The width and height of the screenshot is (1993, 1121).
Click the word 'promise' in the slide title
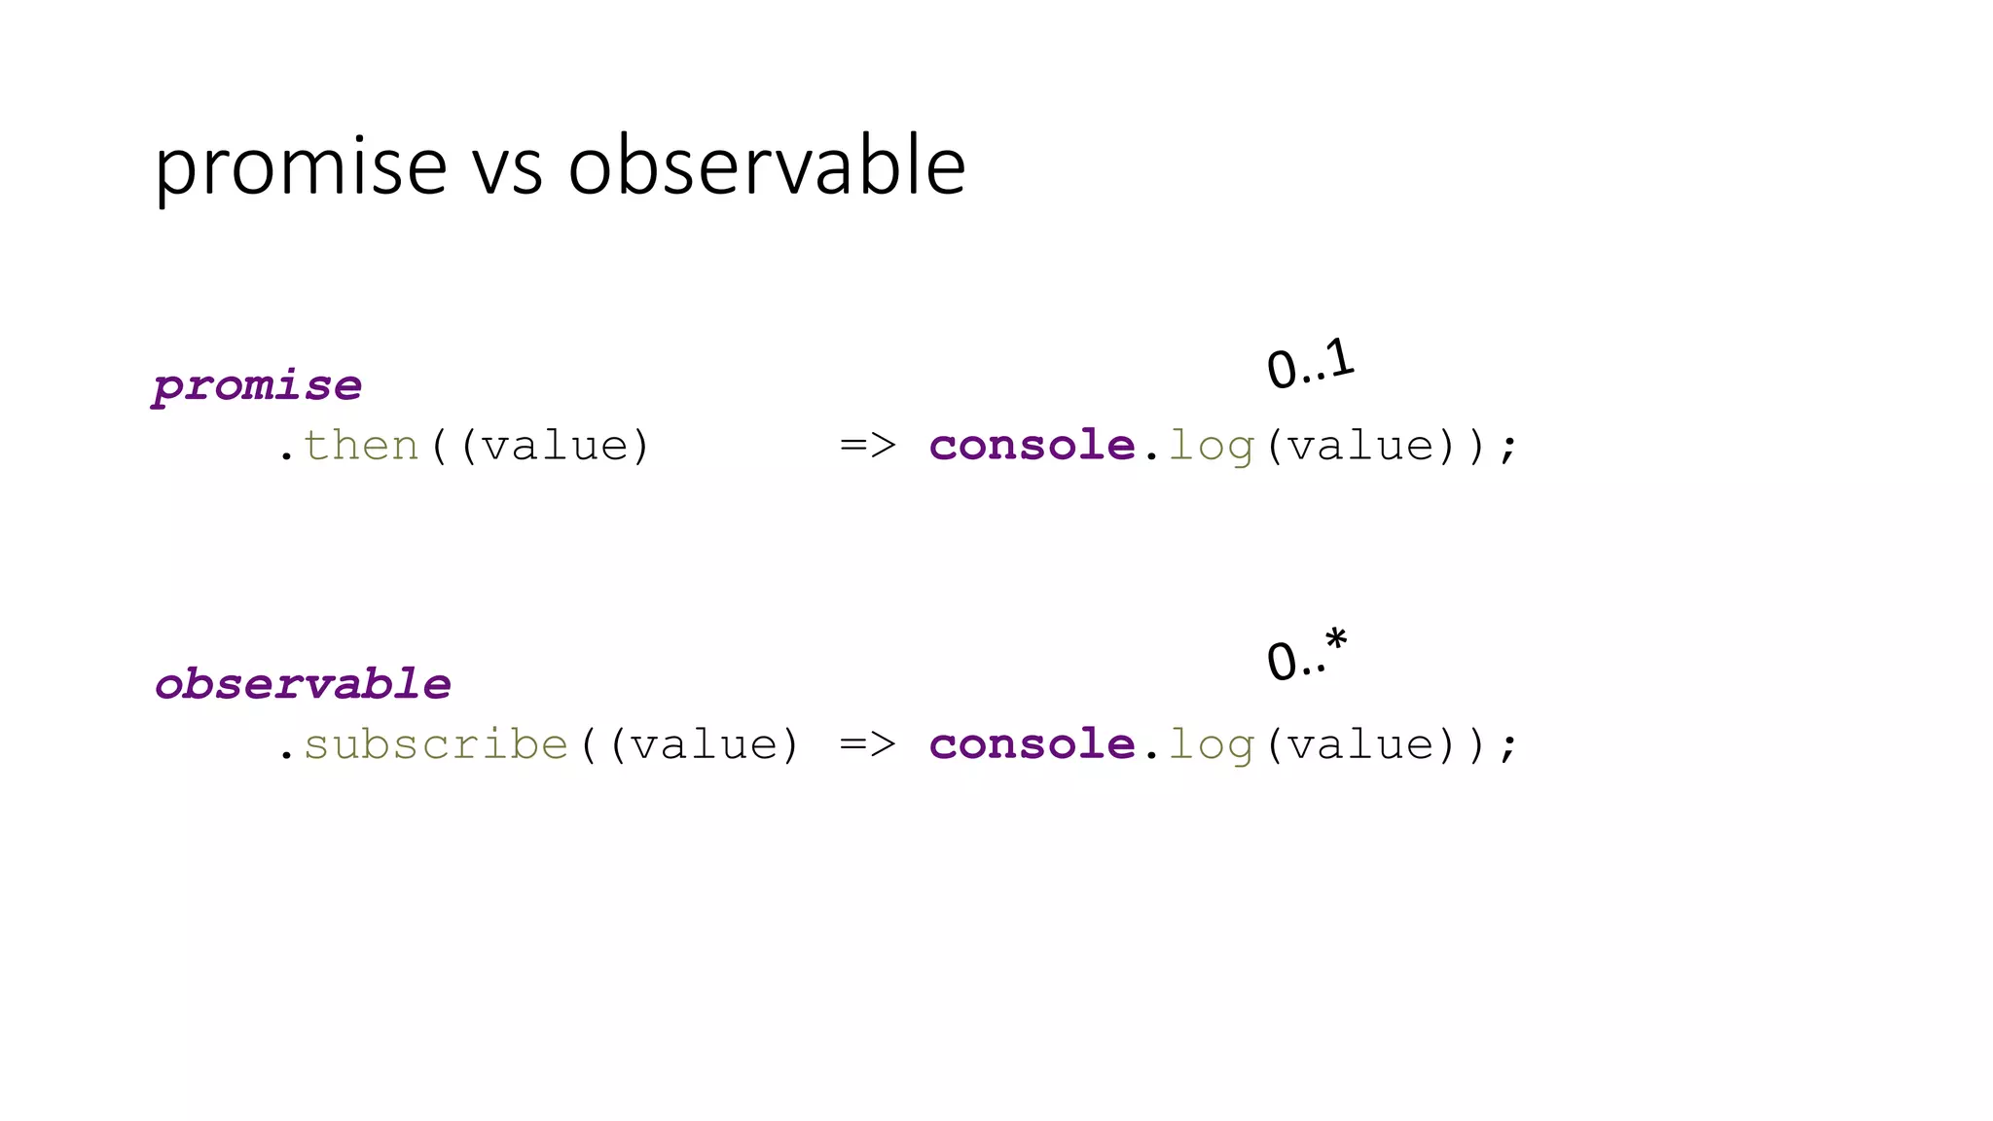300,167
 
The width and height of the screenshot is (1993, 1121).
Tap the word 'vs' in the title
507,169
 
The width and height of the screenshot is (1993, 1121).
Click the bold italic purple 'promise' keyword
258,386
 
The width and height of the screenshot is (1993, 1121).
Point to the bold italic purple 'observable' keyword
303,685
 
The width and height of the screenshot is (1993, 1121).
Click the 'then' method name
360,447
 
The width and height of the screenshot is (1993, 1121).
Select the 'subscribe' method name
435,745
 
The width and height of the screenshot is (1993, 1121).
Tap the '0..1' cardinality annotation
1310,365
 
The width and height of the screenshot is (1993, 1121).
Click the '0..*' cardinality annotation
1307,656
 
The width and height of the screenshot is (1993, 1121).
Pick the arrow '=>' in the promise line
867,447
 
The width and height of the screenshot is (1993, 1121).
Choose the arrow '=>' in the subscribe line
867,745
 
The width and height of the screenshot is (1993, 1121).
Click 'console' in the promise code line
1032,447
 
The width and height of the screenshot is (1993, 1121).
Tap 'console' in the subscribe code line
1032,745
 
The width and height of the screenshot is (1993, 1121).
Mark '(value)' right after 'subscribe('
704,745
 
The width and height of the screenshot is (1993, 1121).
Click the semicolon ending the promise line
1508,449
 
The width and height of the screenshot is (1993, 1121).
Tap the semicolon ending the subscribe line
1508,747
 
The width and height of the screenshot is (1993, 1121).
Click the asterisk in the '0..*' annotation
1336,640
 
